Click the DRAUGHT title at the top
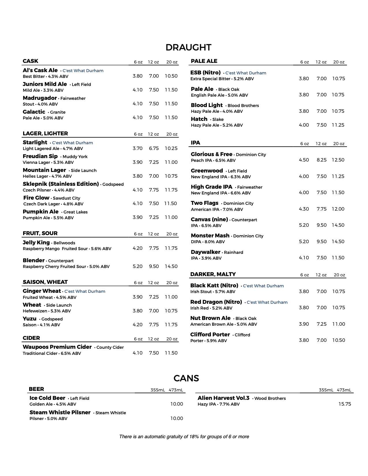pos(188,47)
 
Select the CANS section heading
pos(186,378)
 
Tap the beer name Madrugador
pos(40,98)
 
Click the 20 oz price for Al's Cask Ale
pos(171,76)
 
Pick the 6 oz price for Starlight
pos(137,148)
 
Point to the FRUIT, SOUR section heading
pos(40,233)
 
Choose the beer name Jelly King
pos(36,243)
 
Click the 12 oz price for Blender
pos(154,266)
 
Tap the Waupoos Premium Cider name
pos(57,347)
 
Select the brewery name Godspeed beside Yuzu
pos(52,319)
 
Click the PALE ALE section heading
pos(204,61)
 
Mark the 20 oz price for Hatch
pos(338,125)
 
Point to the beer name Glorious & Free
pos(212,154)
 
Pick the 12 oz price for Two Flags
pos(322,209)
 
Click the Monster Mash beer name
pos(210,236)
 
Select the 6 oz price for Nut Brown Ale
pos(304,324)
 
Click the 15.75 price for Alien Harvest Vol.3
pos(345,404)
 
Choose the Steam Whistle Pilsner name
pos(60,413)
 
